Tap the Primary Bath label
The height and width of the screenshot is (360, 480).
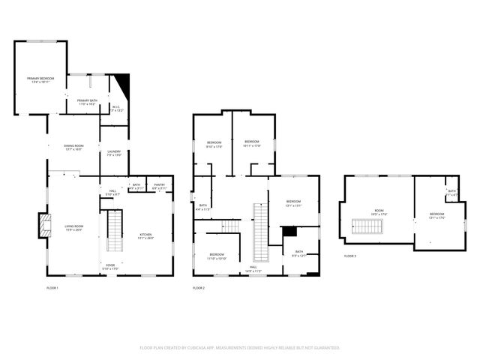point(87,102)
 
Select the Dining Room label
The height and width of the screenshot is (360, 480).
point(73,147)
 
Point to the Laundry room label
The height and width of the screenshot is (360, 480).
point(114,153)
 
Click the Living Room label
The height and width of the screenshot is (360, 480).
point(73,228)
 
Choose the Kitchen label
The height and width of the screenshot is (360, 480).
point(145,236)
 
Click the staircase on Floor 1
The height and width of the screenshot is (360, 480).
point(115,230)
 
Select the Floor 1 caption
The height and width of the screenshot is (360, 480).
point(52,288)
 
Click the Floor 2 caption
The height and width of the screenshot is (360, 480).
point(199,288)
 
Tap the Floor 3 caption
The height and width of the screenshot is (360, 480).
point(350,256)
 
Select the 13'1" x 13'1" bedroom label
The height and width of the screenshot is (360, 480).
point(292,203)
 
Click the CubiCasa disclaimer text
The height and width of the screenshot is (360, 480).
point(240,348)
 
